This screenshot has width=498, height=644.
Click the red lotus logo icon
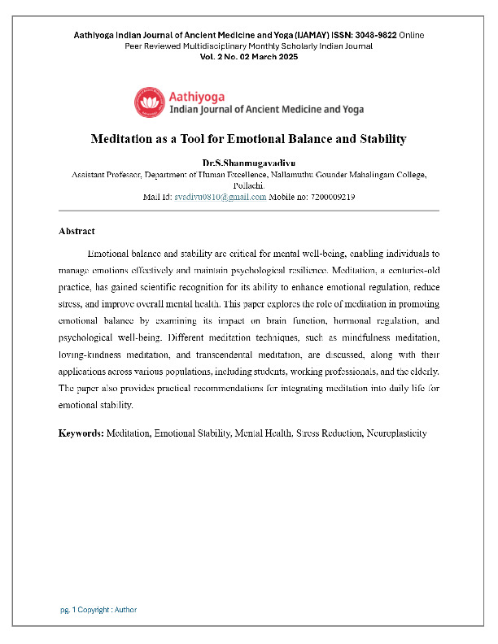150,102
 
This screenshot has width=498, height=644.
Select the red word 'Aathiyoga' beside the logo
196,94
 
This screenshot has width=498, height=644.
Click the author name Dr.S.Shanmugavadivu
249,163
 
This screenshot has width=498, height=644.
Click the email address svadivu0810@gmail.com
221,196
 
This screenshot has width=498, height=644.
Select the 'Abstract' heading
76,232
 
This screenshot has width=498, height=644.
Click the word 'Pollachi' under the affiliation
248,185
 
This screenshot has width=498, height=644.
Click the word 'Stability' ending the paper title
378,139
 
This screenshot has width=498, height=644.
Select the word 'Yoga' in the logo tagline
352,109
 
